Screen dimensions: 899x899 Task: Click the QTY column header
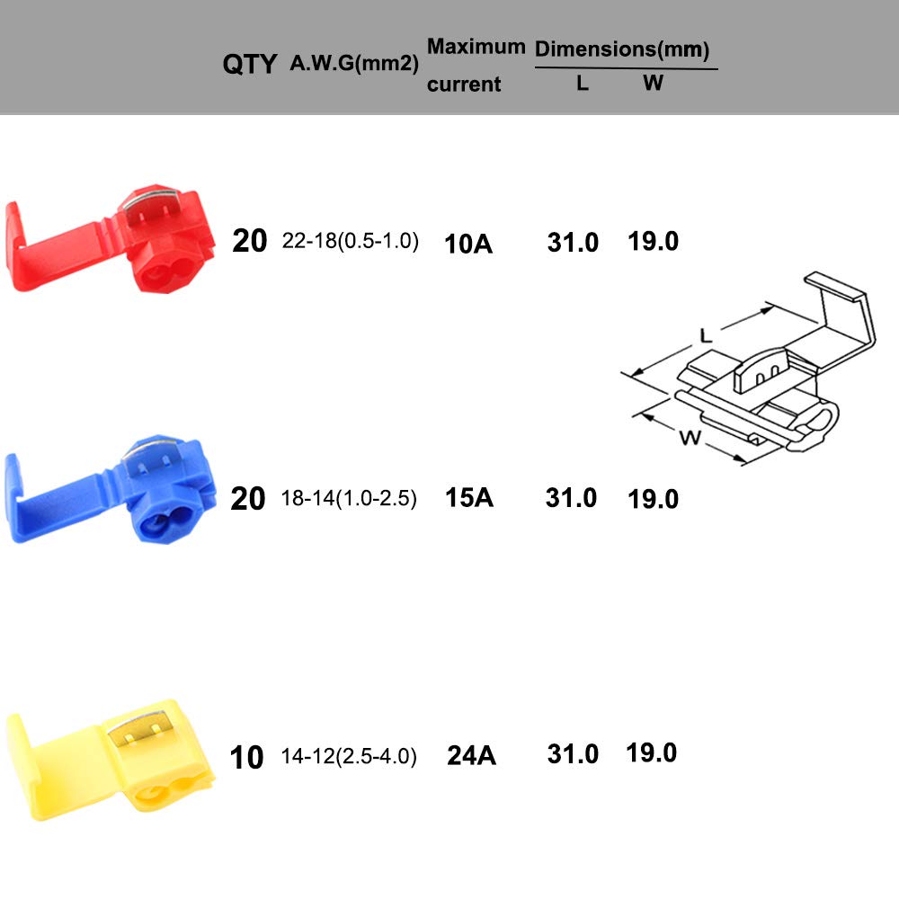click(x=249, y=64)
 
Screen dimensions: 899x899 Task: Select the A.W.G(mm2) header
click(x=354, y=63)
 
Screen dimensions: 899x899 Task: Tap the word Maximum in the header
click(x=476, y=47)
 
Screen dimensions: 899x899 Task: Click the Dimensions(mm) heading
click(x=622, y=49)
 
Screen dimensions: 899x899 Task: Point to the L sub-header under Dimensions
click(x=583, y=84)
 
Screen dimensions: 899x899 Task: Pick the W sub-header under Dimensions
click(x=653, y=83)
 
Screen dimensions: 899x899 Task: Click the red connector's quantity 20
click(x=249, y=241)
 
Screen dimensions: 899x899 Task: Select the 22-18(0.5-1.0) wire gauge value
click(x=351, y=241)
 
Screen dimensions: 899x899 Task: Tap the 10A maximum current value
click(x=468, y=244)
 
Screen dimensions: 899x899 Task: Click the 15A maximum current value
click(x=469, y=498)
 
